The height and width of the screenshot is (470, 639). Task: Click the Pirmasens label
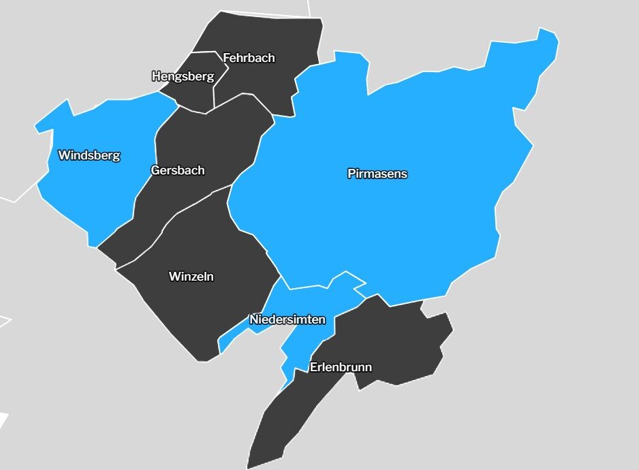pos(377,174)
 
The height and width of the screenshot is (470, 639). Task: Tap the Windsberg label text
pos(89,155)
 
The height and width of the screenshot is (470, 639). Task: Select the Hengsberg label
pos(182,76)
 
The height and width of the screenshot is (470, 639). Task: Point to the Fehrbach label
pos(249,58)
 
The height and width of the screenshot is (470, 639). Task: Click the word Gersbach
pos(177,170)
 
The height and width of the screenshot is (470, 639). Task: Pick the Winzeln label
pos(191,277)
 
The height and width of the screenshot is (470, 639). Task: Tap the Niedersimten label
pos(287,319)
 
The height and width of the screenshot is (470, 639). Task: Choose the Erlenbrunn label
pos(341,367)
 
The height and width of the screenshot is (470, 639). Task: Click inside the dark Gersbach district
pos(204,136)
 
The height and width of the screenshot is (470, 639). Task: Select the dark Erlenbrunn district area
pos(395,341)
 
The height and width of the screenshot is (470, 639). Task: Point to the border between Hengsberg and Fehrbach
pos(214,89)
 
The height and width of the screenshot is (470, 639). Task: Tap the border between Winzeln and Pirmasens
pos(255,235)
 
